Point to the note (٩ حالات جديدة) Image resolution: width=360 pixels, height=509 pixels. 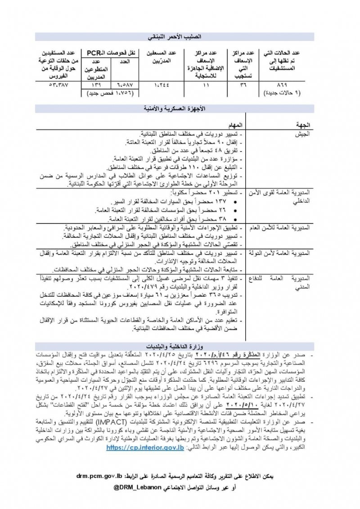[x=282, y=93]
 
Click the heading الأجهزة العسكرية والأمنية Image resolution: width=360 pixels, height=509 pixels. [x=180, y=108]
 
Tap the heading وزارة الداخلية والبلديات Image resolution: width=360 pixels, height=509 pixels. [x=180, y=347]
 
